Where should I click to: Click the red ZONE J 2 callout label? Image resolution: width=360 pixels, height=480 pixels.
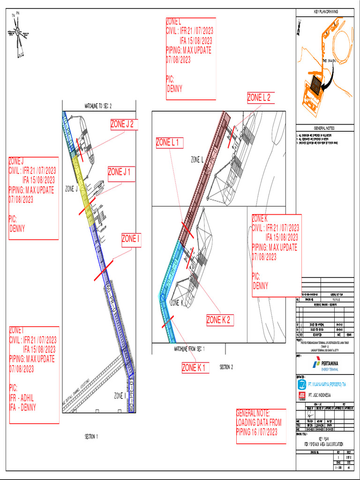124,124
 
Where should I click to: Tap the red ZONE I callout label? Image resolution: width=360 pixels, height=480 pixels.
131,240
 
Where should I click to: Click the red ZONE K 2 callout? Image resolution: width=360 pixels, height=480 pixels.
220,320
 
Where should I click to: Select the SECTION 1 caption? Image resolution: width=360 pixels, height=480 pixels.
91,437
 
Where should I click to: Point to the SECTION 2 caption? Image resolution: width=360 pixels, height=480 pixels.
226,367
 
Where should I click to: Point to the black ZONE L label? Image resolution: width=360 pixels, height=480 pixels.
197,160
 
